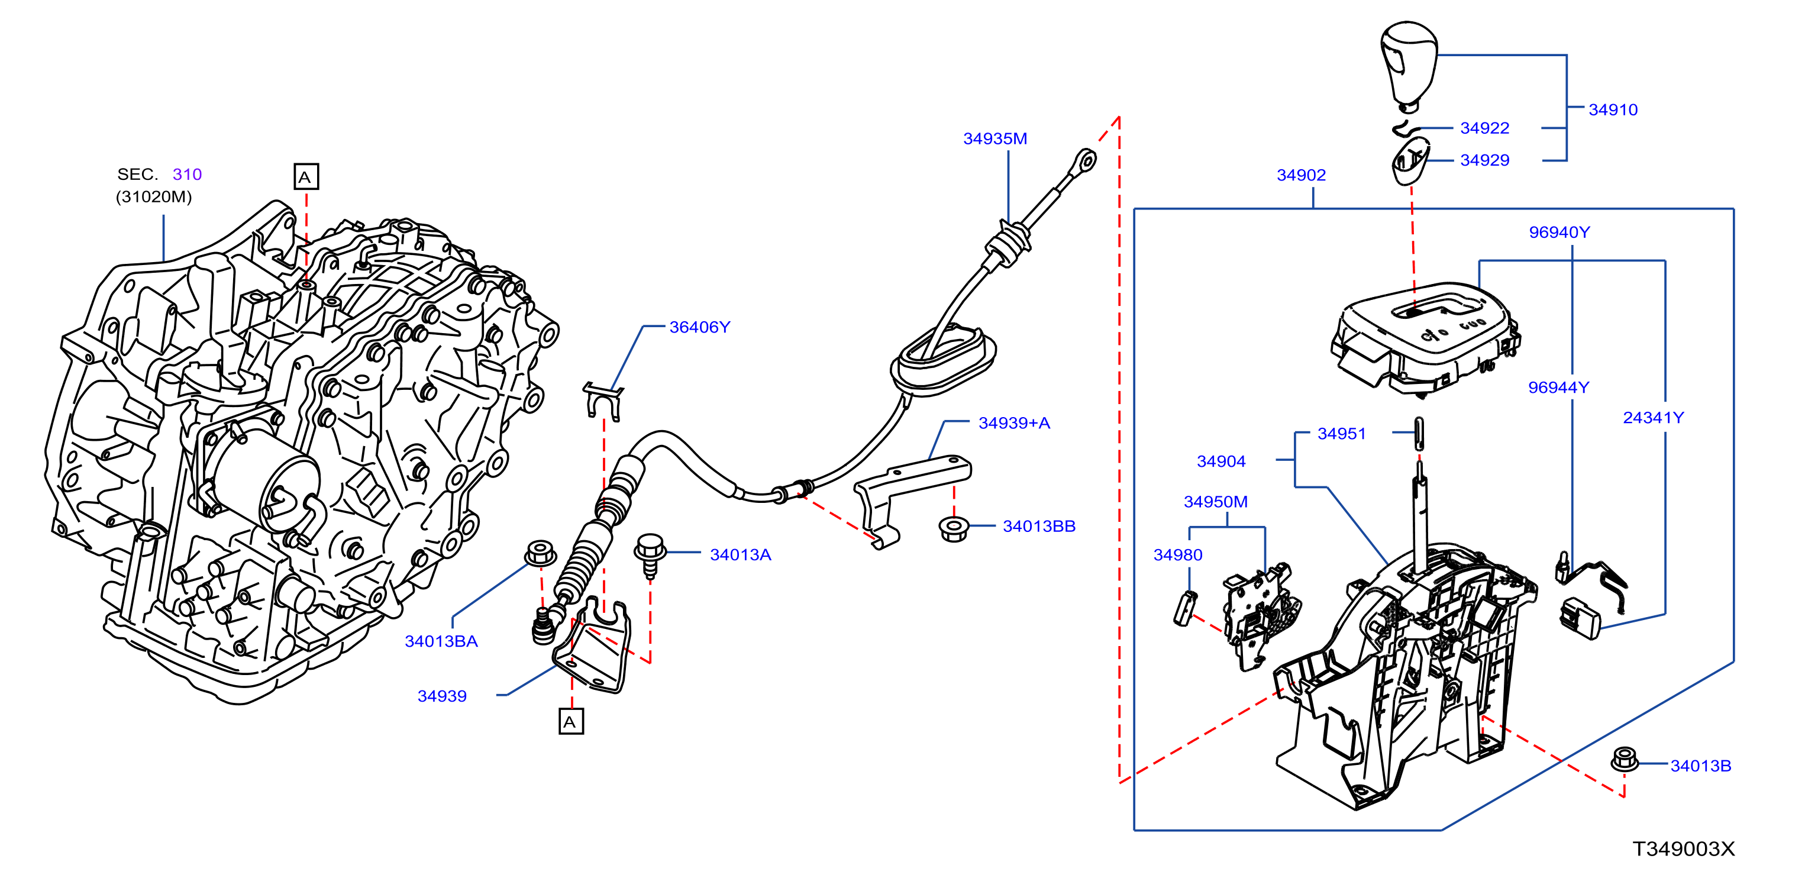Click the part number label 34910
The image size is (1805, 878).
coord(1612,109)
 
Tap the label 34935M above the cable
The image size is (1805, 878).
coord(995,139)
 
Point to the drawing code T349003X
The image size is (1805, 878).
coord(1684,848)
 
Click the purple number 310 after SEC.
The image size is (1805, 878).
coord(187,174)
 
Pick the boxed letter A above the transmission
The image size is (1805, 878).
coord(305,176)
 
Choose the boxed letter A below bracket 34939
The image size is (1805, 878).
coord(570,722)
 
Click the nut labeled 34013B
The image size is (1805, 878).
coord(1624,760)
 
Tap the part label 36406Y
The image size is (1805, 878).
coord(699,327)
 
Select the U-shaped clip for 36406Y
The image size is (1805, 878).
coord(603,401)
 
